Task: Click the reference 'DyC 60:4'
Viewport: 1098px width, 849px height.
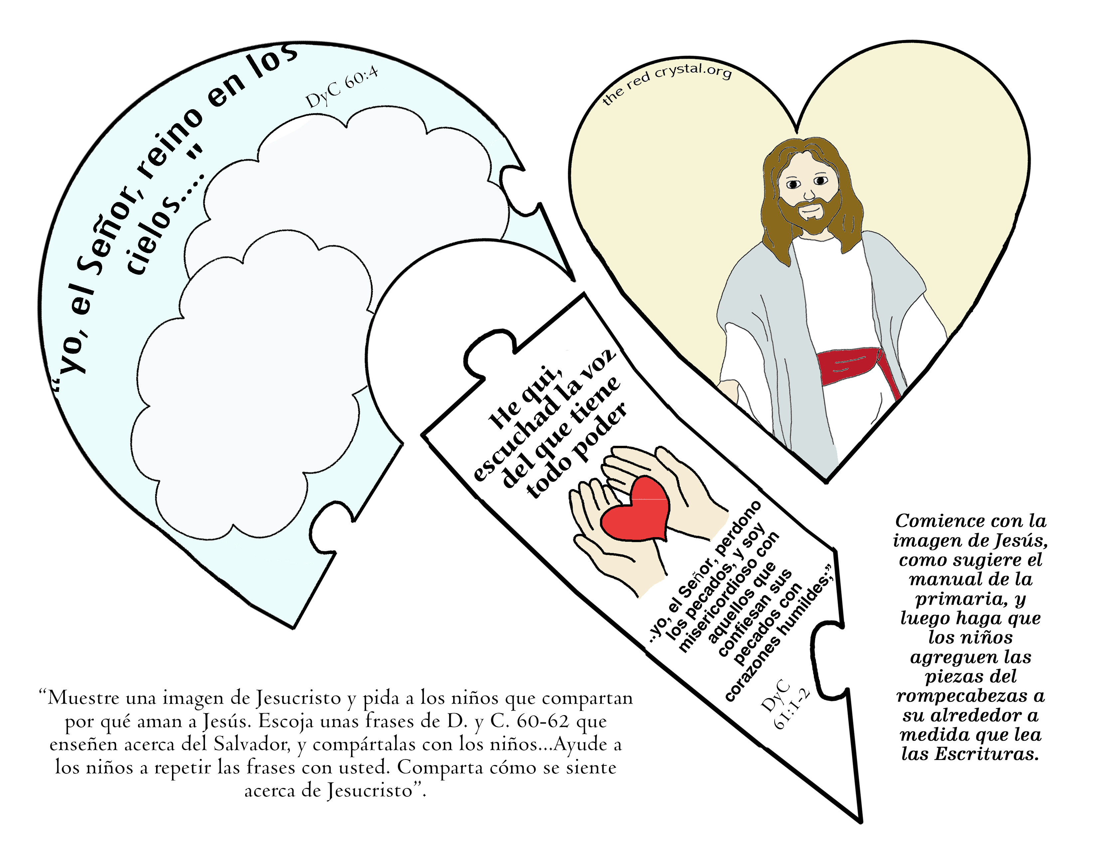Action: click(x=342, y=88)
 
